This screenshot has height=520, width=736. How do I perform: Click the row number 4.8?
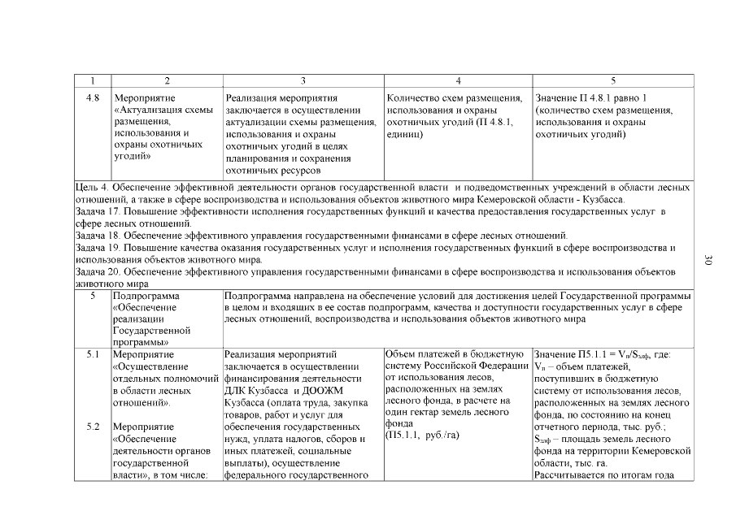coord(93,98)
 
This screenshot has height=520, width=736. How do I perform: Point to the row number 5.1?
coord(93,354)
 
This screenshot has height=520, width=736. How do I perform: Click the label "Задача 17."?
coord(99,211)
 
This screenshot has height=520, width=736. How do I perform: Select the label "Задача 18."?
coord(99,236)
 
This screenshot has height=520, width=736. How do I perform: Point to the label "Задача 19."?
coord(99,247)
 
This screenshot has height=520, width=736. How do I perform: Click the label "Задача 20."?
coord(99,271)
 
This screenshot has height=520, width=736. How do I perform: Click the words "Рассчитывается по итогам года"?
coord(602,475)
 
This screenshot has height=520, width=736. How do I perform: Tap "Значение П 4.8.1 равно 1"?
coord(591,98)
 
